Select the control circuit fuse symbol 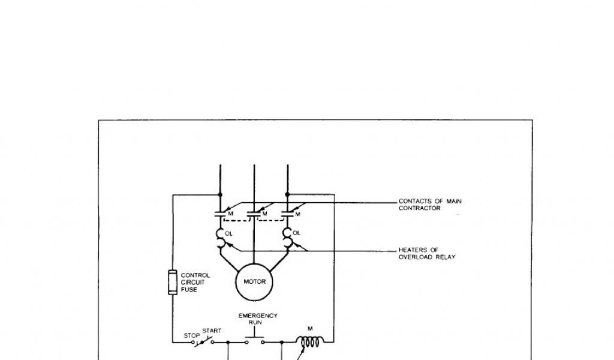(172, 282)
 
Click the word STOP (190, 335)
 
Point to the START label (212, 331)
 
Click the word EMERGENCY (257, 316)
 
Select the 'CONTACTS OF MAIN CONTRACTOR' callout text (430, 205)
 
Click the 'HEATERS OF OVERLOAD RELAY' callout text (427, 253)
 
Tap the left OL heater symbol (220, 238)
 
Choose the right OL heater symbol (288, 238)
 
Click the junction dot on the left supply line (221, 194)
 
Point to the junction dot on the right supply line (288, 194)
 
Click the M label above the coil (311, 328)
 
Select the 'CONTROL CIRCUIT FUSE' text (195, 282)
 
